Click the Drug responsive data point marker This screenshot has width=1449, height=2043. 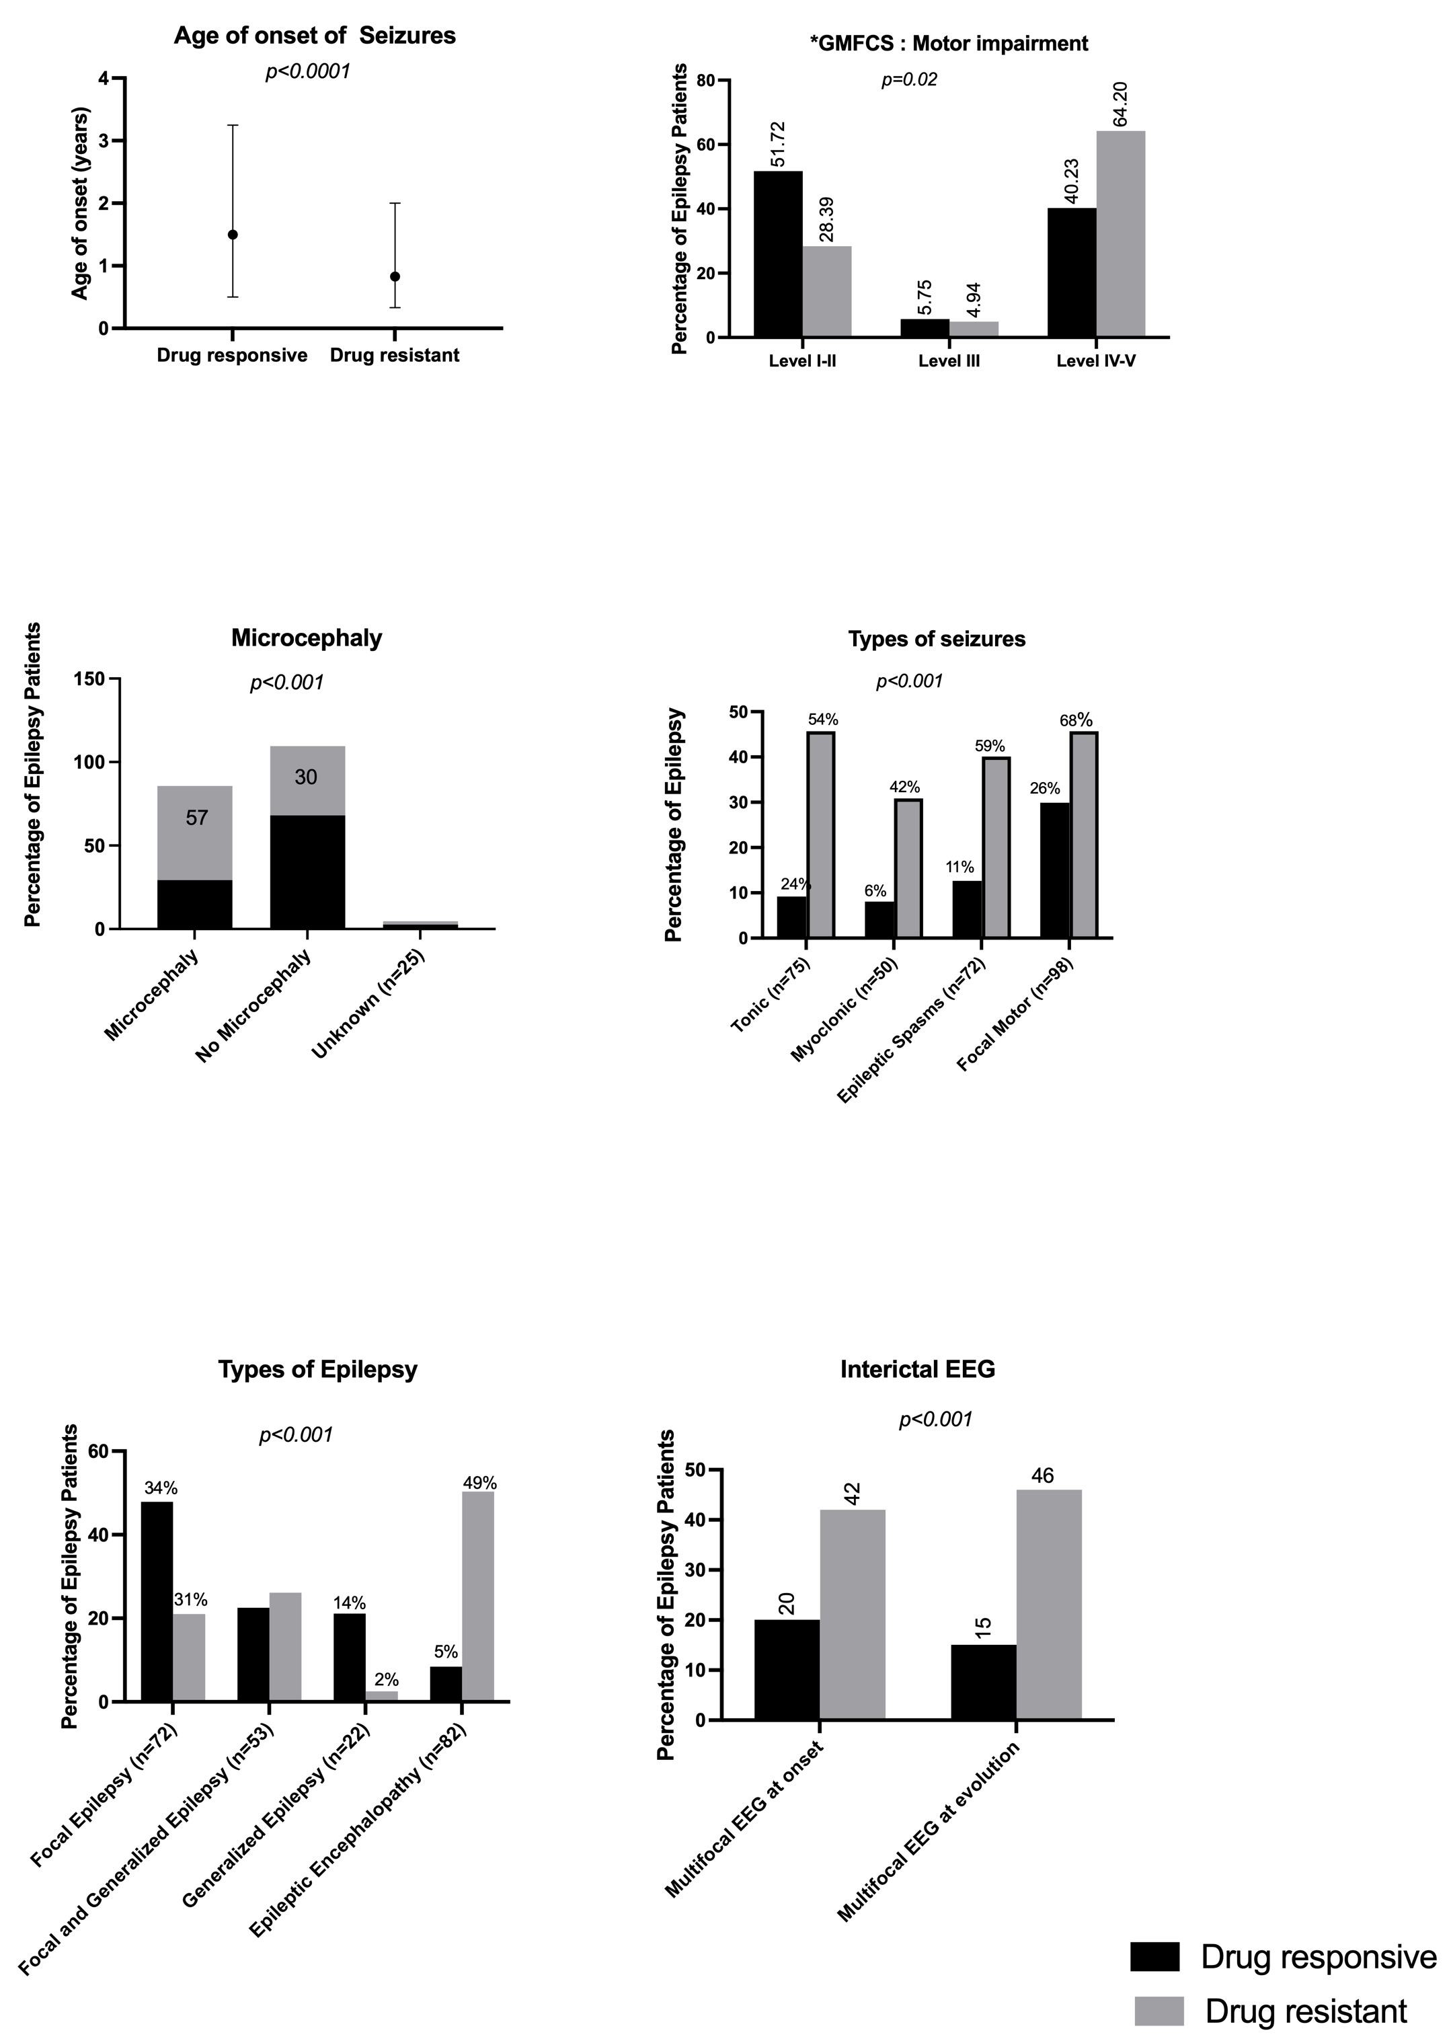(x=232, y=235)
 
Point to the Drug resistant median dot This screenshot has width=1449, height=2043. (x=395, y=276)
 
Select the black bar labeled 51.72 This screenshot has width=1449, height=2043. (x=777, y=254)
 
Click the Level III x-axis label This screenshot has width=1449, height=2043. (x=949, y=361)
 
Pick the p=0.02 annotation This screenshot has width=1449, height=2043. (x=909, y=80)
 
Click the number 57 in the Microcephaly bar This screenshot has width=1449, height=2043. (x=196, y=817)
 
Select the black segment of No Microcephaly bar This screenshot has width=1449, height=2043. (x=307, y=872)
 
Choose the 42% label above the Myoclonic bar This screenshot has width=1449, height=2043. (x=904, y=787)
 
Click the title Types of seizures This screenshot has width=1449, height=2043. (x=936, y=639)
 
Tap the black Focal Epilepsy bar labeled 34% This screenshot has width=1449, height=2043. (x=157, y=1601)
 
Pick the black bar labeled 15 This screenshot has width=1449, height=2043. (x=982, y=1682)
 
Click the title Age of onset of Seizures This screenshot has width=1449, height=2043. (x=314, y=36)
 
